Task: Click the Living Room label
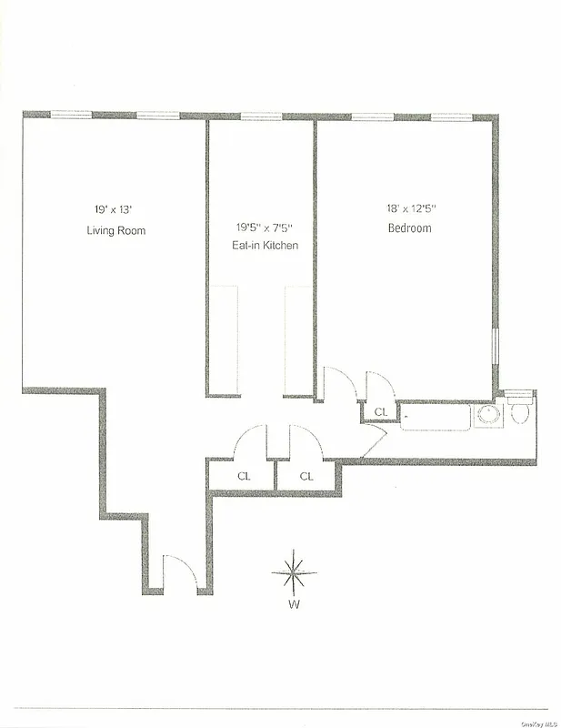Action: click(115, 231)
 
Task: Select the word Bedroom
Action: click(409, 228)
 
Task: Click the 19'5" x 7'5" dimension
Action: click(263, 227)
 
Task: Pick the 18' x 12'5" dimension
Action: click(409, 207)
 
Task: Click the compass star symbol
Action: click(294, 573)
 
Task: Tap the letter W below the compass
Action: click(294, 604)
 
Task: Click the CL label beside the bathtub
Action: click(381, 412)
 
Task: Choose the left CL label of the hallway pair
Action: click(244, 476)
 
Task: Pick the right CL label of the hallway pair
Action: click(307, 476)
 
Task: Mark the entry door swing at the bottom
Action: click(179, 573)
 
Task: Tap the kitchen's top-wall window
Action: click(262, 116)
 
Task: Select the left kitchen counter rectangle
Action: click(225, 340)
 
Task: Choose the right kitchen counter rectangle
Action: click(298, 340)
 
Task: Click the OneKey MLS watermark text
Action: click(538, 723)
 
